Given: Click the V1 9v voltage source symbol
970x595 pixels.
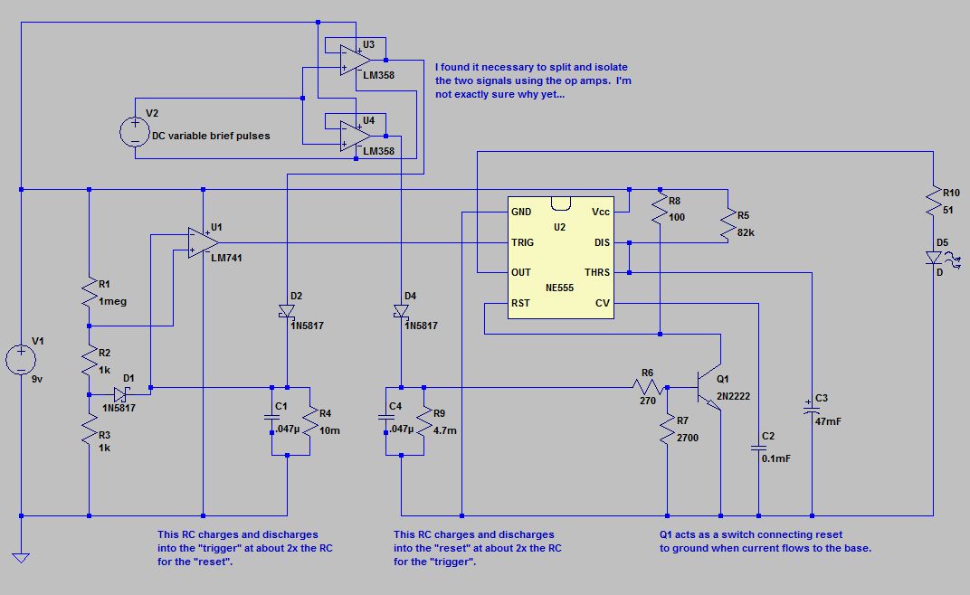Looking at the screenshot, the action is click(21, 359).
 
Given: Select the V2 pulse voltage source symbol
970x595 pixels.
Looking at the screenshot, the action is click(135, 132).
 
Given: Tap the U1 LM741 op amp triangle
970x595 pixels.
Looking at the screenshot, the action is click(204, 242).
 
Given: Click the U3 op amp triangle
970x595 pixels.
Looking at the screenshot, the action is click(356, 60).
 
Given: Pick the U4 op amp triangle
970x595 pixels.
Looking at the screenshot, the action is click(356, 136).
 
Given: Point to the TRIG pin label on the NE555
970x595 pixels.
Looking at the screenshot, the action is click(522, 242).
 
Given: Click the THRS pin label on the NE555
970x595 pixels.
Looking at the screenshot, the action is click(597, 272).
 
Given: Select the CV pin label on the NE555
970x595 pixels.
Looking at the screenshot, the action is click(603, 303).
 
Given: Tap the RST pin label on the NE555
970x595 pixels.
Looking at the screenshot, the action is click(520, 303).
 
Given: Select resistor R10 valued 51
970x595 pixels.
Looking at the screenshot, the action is click(933, 201).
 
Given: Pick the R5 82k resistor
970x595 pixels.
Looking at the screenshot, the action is click(728, 224).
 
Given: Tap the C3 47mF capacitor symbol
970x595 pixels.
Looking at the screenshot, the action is click(812, 406).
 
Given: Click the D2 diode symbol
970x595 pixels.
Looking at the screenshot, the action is click(287, 311).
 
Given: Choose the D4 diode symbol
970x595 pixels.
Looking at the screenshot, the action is click(401, 311).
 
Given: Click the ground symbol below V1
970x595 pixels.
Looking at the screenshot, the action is click(21, 558).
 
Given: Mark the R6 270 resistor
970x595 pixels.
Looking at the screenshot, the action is click(648, 388).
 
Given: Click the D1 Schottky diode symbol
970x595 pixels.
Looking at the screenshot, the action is click(121, 394).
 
